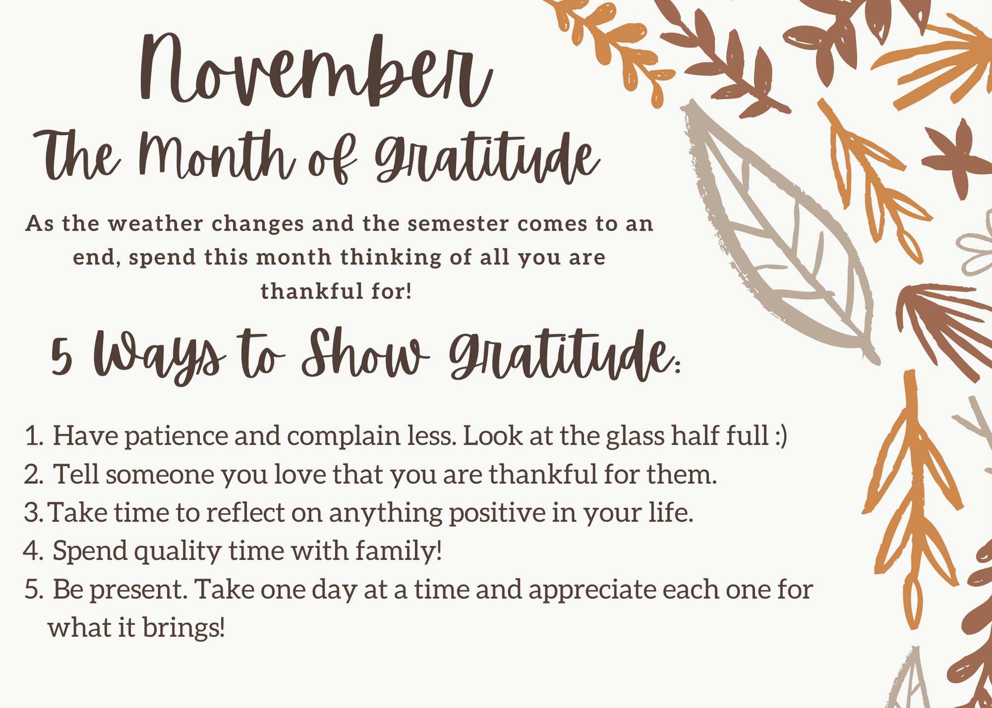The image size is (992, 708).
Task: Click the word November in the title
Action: click(x=316, y=69)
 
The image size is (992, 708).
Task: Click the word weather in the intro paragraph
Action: click(x=156, y=224)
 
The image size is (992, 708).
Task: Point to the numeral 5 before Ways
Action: click(x=62, y=356)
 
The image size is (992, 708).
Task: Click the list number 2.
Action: click(x=34, y=475)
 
